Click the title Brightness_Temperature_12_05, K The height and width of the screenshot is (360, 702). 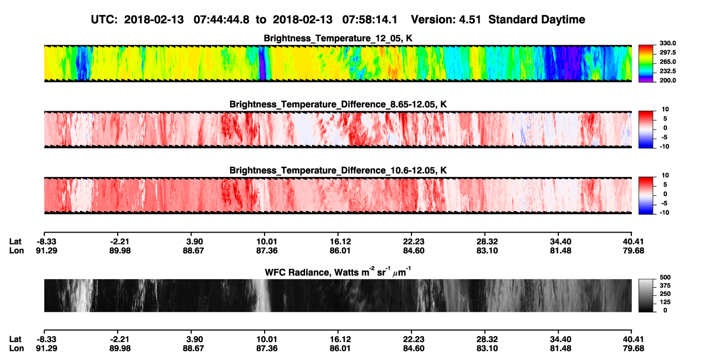click(338, 38)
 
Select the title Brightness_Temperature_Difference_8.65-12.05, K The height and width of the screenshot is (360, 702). click(338, 104)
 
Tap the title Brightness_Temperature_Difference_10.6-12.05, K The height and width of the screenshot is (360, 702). click(338, 171)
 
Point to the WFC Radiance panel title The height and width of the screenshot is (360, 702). click(338, 271)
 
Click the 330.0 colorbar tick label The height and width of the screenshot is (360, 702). click(667, 43)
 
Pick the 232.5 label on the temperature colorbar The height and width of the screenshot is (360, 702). click(667, 71)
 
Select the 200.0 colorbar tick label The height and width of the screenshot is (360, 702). click(667, 80)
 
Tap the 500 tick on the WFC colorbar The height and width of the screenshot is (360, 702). click(665, 277)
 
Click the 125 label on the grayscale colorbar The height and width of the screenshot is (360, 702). click(665, 302)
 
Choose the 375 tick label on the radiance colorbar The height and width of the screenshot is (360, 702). click(665, 286)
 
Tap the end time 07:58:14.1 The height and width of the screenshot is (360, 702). click(370, 20)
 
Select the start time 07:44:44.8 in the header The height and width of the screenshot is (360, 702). click(221, 20)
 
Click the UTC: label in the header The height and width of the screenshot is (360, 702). click(104, 20)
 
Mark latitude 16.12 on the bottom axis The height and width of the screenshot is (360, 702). click(340, 339)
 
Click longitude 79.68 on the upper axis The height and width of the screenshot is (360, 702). click(633, 251)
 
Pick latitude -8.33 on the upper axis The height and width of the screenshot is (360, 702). click(46, 242)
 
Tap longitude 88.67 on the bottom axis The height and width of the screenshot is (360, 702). click(193, 349)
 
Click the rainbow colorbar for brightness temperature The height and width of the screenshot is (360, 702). click(646, 64)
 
